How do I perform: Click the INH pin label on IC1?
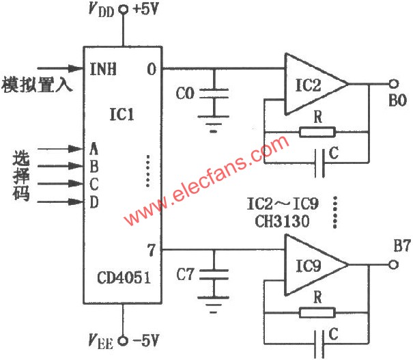103,68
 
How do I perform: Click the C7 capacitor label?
183,274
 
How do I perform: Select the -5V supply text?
149,340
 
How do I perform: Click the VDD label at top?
100,9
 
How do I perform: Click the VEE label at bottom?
100,340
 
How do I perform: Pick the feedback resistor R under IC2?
317,132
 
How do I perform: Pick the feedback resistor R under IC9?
317,312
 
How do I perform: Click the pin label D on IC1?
94,202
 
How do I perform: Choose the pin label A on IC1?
94,148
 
